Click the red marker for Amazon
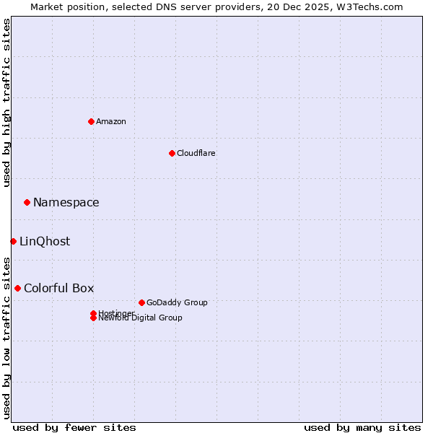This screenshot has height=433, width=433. tap(91, 121)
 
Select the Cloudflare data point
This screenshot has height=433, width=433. tap(172, 153)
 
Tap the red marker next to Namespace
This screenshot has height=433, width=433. tap(27, 202)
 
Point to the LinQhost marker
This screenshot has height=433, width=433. tap(13, 241)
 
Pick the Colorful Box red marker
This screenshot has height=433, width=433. tap(17, 288)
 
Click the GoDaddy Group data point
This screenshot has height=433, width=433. tap(141, 302)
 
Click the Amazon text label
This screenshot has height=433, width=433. tap(111, 121)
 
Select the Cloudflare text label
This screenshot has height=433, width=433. tap(196, 153)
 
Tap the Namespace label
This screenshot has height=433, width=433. tap(66, 202)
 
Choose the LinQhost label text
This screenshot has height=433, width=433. tap(45, 241)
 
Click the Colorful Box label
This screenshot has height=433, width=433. tap(59, 288)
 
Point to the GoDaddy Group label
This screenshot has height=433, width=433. tap(177, 302)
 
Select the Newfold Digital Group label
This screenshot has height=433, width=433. tap(140, 318)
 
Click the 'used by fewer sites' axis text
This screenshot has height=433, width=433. tap(74, 427)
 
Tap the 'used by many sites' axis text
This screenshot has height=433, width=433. tap(362, 427)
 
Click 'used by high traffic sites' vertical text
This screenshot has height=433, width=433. tap(6, 102)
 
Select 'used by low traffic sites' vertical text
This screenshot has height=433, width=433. tap(6, 337)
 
